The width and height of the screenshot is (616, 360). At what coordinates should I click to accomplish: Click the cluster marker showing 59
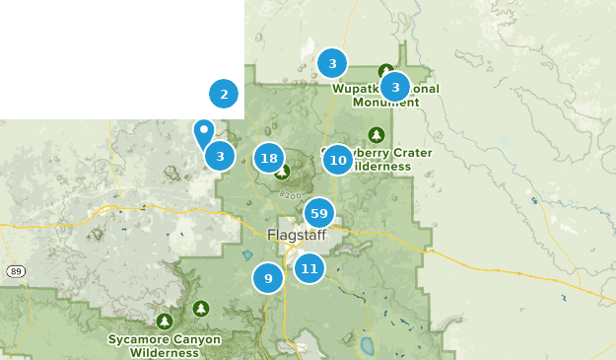(x=318, y=212)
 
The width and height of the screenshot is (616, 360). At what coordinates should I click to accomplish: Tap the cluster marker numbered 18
(x=269, y=157)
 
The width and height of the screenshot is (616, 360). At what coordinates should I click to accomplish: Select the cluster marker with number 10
(x=338, y=160)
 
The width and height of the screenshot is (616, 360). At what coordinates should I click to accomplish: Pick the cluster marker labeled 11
(x=309, y=267)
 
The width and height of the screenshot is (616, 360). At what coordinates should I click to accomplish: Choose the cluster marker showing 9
(x=268, y=278)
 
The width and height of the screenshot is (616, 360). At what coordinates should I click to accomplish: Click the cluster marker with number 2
(x=224, y=95)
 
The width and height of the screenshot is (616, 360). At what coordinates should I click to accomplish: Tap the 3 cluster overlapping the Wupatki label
(x=395, y=87)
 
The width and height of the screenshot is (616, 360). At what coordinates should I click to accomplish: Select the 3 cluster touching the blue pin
(x=220, y=156)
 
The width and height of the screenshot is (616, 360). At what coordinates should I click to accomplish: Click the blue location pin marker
(x=204, y=132)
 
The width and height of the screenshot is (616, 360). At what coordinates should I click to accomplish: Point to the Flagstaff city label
(x=296, y=235)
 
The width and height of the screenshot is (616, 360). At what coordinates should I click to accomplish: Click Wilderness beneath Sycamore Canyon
(x=164, y=352)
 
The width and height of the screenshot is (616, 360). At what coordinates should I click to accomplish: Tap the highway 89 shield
(x=15, y=271)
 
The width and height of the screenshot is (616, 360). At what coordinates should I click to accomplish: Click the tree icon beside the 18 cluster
(x=282, y=173)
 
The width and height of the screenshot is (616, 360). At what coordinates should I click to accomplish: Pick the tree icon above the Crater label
(x=376, y=134)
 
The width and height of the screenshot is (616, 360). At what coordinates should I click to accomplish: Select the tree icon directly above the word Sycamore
(x=165, y=322)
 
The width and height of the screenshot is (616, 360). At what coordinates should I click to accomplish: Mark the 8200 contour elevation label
(x=291, y=195)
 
